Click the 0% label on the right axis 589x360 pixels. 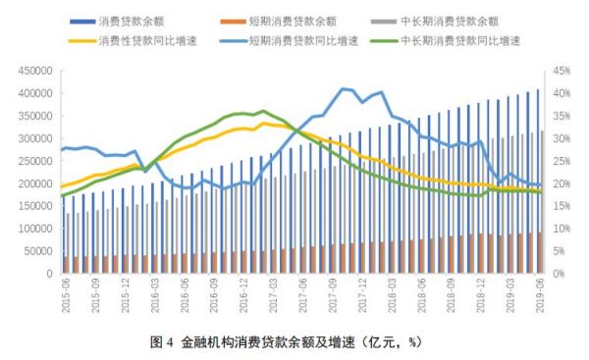point(560,274)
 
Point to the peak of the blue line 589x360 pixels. point(343,88)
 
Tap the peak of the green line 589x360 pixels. point(262,111)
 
